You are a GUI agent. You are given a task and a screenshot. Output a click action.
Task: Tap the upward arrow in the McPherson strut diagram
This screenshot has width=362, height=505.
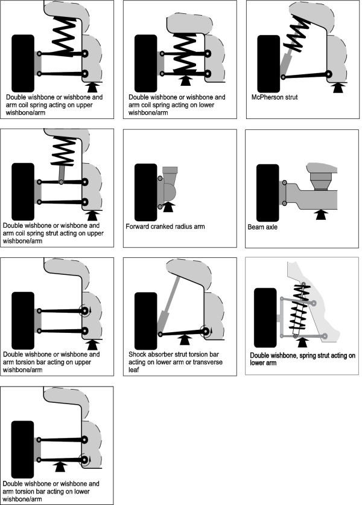[x=338, y=87]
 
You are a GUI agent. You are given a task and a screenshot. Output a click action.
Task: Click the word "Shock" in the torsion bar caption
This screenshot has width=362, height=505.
[x=139, y=354]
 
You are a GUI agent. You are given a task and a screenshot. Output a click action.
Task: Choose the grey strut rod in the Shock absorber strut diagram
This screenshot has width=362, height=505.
[x=170, y=296]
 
